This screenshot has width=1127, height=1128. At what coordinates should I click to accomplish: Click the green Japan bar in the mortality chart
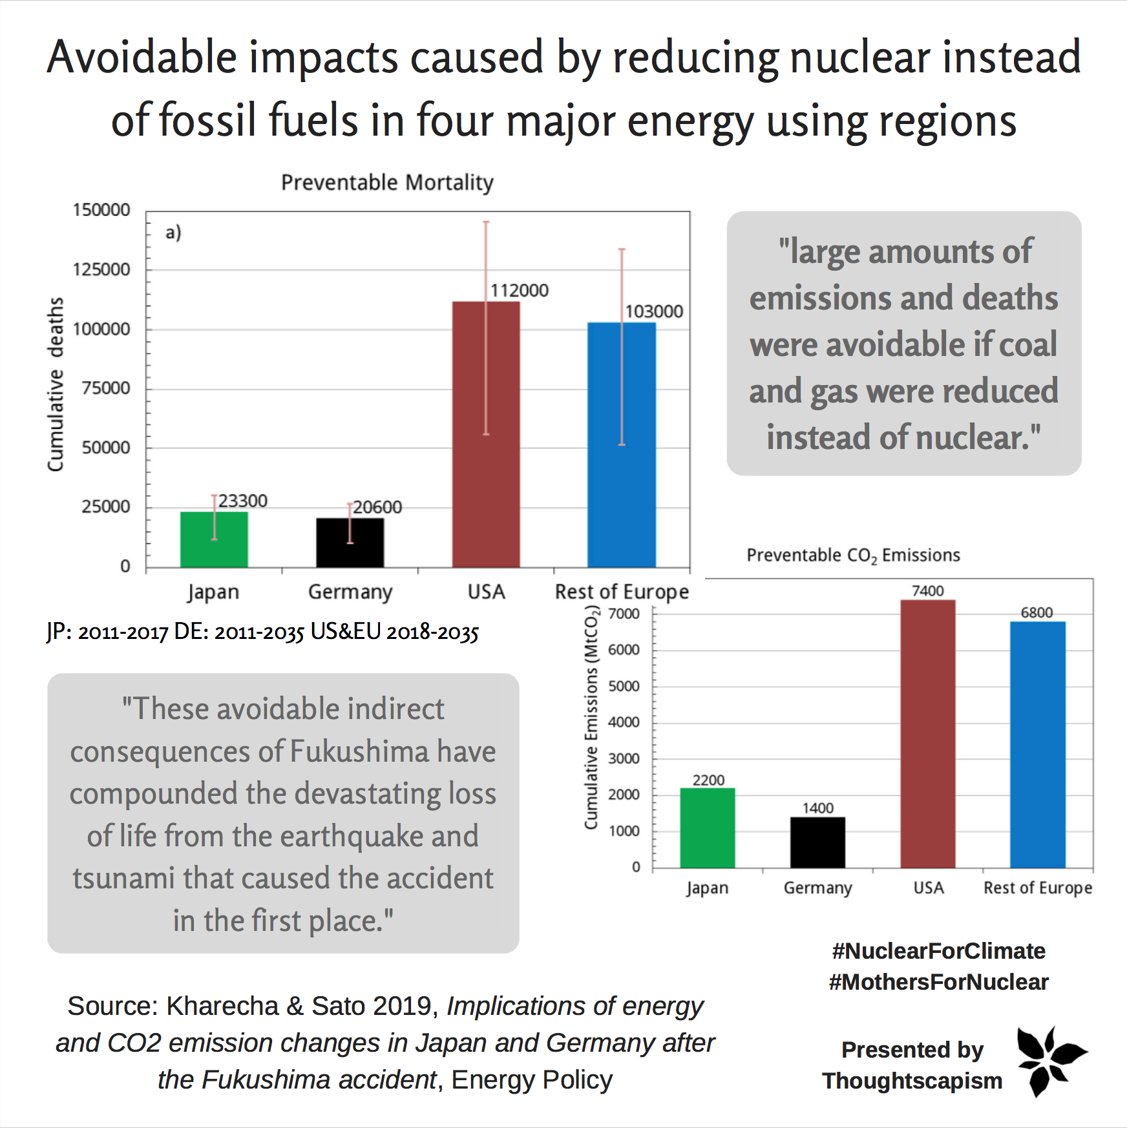pos(214,539)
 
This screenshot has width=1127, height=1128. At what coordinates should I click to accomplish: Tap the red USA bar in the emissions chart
pos(927,733)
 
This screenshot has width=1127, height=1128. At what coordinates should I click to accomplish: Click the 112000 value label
pos(519,291)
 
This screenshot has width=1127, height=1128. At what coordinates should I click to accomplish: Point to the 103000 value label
pos(654,311)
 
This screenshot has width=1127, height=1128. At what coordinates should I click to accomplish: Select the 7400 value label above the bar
pos(927,590)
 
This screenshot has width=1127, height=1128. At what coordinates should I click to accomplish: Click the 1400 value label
pos(817,808)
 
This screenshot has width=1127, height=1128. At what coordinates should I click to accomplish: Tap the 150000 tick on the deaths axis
pos(101,210)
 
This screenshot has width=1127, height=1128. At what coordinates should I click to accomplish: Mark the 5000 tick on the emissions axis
pos(624,686)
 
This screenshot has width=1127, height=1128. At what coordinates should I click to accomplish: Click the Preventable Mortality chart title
pos(387,183)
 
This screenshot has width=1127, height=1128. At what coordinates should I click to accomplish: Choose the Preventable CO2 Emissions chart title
pos(853,556)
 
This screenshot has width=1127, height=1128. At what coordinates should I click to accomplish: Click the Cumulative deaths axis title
pos(56,384)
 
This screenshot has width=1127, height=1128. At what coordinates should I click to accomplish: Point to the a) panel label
pos(173,233)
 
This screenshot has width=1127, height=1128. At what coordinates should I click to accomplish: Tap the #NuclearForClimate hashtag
pos(938,951)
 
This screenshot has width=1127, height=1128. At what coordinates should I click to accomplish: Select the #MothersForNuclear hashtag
pos(938,982)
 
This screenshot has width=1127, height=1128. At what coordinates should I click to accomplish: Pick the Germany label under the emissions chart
pos(817,888)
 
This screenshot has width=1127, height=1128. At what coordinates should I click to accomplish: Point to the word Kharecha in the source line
pos(222,1006)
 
